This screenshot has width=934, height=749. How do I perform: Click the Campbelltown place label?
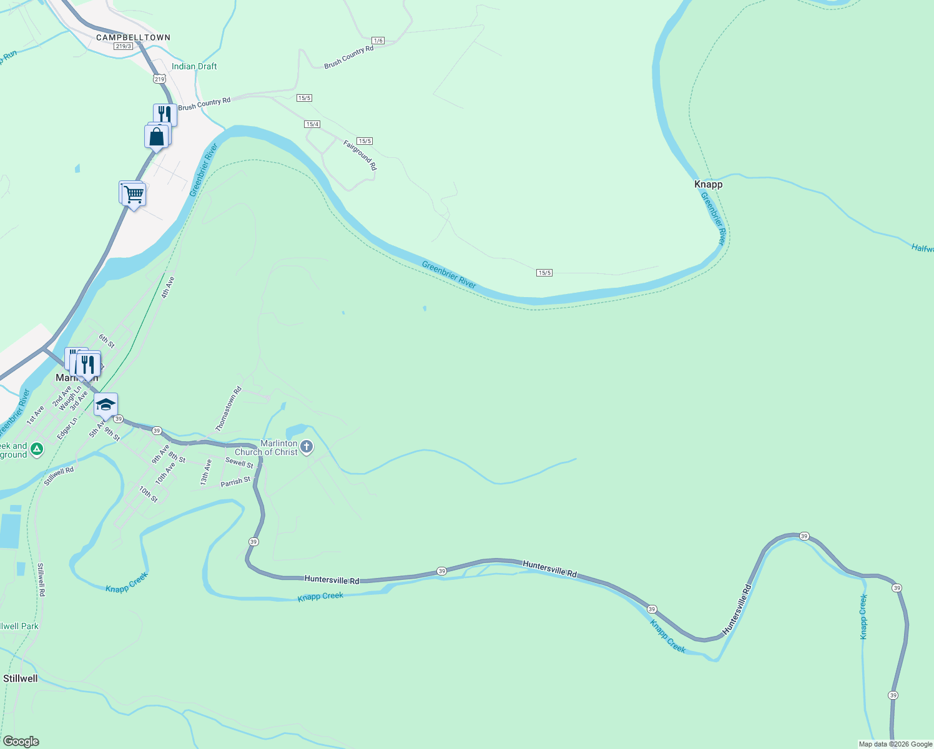133,37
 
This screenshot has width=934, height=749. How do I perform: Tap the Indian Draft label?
194,66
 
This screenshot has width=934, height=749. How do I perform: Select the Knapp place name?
708,184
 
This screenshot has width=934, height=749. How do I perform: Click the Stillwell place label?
21,678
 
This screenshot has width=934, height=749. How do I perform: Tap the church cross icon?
306,446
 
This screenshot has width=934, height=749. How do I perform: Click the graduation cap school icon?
106,404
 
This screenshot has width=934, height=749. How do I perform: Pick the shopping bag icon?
157,136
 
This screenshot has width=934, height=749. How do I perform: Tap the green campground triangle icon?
37,448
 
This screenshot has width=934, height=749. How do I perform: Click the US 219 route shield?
159,79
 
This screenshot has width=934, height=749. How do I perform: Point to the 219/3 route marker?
123,46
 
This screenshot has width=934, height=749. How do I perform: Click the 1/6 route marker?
378,41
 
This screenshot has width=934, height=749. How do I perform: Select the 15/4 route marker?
312,124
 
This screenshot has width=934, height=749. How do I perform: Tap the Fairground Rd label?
360,155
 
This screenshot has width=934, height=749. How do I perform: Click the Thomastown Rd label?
228,409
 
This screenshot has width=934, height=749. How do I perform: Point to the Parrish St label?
235,482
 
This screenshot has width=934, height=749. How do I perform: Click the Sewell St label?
239,463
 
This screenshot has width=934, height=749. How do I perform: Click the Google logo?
21,742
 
